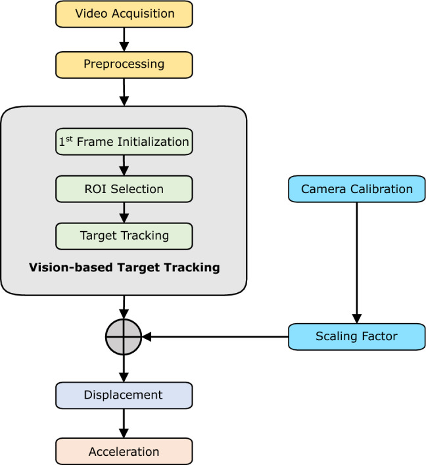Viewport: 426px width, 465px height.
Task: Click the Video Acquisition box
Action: click(x=124, y=14)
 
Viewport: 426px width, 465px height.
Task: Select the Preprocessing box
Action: click(x=124, y=64)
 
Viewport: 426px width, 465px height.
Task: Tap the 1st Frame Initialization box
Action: click(x=124, y=142)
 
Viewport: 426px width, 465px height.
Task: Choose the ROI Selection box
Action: click(x=124, y=189)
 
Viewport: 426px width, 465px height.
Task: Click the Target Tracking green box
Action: click(x=124, y=236)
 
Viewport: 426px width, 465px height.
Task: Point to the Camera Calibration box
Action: click(x=356, y=189)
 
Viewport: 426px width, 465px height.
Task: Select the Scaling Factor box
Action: click(x=356, y=336)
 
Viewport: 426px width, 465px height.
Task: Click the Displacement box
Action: click(x=124, y=395)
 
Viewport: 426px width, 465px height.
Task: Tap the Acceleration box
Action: click(x=124, y=452)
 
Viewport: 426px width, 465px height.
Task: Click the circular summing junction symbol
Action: click(x=124, y=337)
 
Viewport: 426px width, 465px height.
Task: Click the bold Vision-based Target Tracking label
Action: click(x=124, y=268)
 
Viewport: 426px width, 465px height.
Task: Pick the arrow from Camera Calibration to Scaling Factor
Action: click(x=356, y=263)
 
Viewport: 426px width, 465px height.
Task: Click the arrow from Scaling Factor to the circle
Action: click(x=217, y=337)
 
